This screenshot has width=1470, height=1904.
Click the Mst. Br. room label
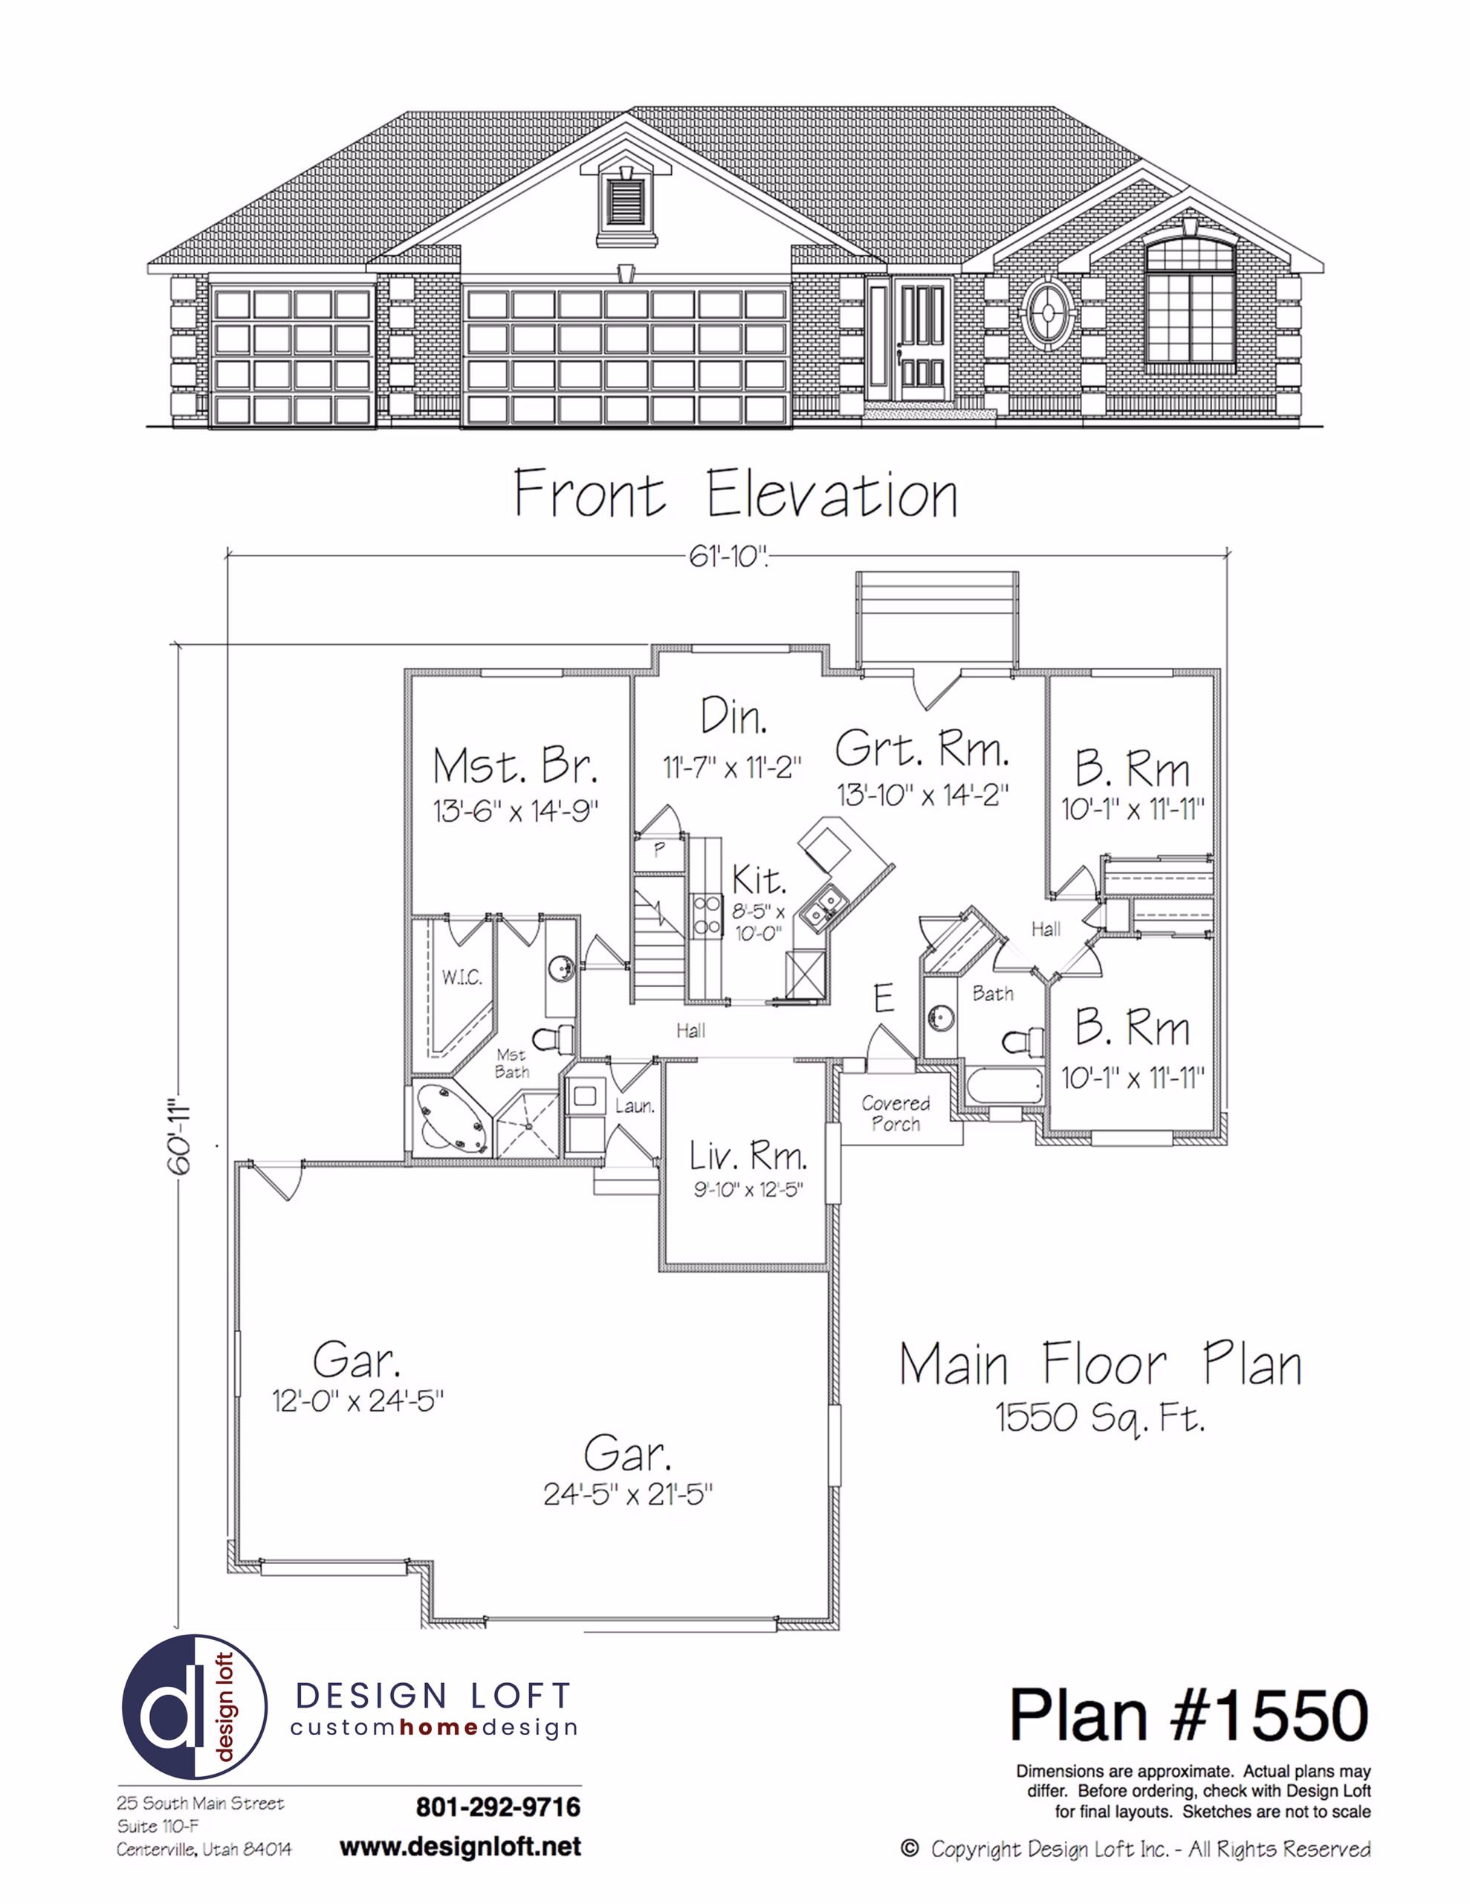516,766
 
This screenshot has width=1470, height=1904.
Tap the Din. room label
734,717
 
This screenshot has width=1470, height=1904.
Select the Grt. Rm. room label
922,748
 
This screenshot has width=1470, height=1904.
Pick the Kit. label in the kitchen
759,880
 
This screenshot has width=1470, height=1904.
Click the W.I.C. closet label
461,977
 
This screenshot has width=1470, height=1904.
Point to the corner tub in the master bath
450,1119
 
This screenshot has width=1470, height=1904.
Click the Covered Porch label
896,1113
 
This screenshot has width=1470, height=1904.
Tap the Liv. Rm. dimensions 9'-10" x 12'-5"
748,1189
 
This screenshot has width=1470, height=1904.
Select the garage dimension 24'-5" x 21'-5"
628,1495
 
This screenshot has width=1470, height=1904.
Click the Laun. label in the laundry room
635,1106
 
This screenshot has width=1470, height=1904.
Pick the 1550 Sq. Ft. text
1101,1418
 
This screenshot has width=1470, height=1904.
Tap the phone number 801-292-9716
499,1807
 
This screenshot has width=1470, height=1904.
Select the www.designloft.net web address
460,1847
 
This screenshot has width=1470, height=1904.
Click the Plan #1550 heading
1189,1715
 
